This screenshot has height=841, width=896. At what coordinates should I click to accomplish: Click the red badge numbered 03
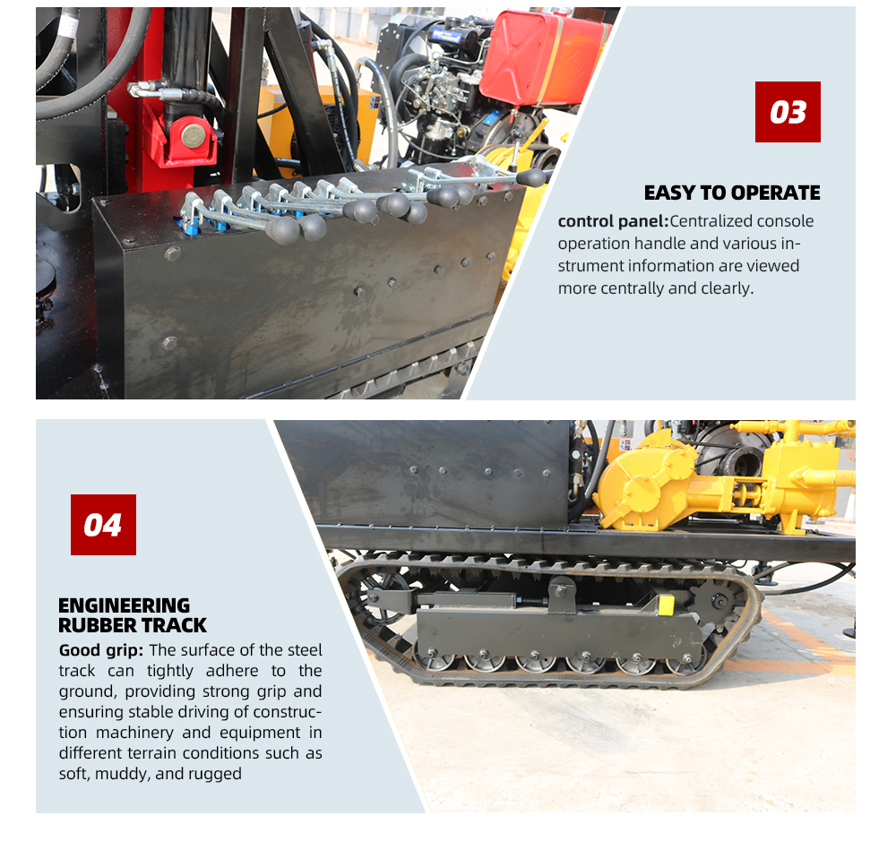point(788,112)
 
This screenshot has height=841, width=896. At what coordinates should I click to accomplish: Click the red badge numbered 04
point(103,525)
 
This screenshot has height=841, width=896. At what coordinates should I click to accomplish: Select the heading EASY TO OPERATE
point(732,193)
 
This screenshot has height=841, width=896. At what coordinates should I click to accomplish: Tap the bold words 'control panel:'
point(613,221)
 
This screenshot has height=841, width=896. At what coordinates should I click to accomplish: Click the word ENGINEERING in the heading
point(124,605)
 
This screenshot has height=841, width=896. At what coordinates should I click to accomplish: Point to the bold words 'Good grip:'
point(101,650)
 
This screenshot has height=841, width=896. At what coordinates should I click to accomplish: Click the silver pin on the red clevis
point(194,136)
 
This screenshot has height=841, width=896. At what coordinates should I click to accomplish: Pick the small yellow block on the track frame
point(666,605)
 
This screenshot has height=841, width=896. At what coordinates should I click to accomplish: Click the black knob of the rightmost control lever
point(530,177)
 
